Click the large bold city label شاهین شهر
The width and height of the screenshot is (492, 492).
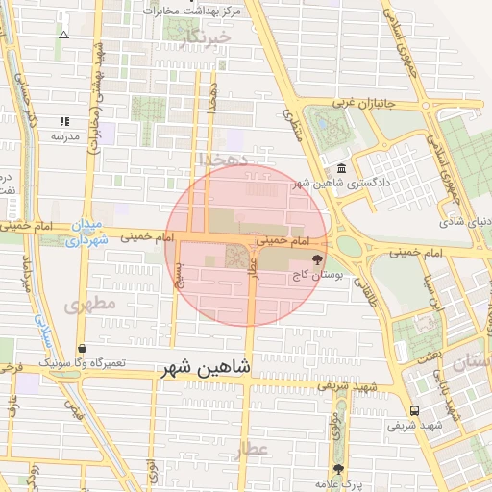(x=206, y=367)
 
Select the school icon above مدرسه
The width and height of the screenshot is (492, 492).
(x=64, y=122)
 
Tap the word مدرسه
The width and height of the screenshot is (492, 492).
(x=64, y=136)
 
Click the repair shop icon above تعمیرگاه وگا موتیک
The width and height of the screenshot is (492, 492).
(x=81, y=349)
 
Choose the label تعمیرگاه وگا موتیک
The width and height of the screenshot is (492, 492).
(x=81, y=363)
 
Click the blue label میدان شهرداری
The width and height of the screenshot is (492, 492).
(x=86, y=234)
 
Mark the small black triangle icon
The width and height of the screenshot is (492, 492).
(x=64, y=35)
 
